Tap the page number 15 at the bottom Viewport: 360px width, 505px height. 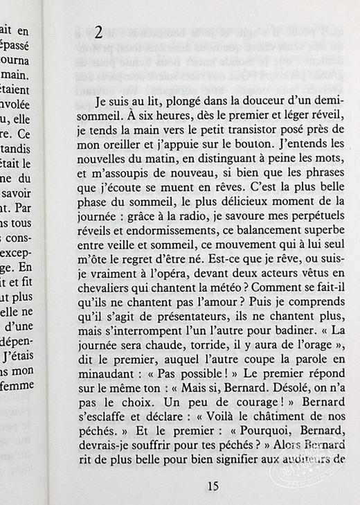pyautogui.click(x=213, y=486)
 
